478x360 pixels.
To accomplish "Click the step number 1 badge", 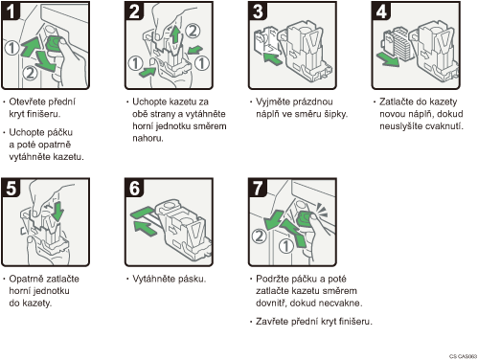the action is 11,11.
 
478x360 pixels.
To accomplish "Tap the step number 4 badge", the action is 381,11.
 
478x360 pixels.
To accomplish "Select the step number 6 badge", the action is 134,188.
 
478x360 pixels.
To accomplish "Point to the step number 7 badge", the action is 258,188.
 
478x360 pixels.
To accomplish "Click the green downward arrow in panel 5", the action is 57,211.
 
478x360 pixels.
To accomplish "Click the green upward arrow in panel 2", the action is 174,34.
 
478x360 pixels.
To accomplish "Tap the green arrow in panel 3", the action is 273,58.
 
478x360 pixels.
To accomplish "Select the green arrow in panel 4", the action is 388,59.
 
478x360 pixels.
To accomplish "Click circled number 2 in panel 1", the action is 30,73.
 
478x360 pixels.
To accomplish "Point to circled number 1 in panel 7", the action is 286,246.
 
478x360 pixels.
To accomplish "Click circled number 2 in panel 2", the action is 193,31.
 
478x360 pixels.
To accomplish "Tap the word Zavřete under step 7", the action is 272,322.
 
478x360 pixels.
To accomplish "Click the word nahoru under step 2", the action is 148,139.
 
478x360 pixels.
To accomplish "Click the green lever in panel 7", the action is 305,219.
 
